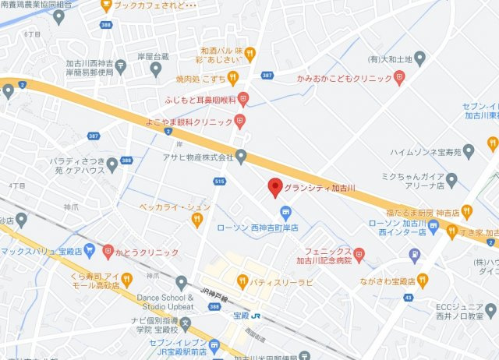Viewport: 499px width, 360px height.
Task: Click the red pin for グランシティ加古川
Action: pos(274,188)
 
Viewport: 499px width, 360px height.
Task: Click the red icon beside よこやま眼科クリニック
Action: pos(239,121)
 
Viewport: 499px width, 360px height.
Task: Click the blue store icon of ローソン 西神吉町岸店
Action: pos(286,212)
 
